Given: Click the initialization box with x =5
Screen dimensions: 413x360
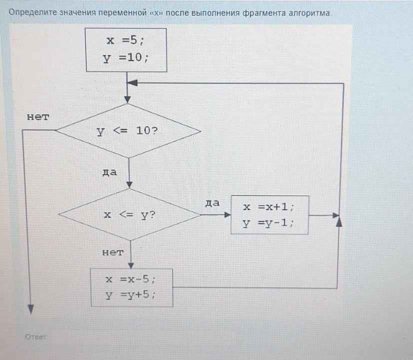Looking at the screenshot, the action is click(x=126, y=50).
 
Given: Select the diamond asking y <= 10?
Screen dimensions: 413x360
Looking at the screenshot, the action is click(x=128, y=131).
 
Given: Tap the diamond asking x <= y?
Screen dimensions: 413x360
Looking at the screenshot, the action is click(x=129, y=215).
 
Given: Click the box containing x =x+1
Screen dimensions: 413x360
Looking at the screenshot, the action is click(x=270, y=215).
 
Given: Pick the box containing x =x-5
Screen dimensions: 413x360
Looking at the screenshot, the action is click(x=132, y=288).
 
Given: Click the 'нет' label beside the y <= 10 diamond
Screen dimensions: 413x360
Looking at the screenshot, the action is click(x=38, y=117).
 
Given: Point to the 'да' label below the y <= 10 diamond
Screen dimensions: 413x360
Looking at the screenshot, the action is click(x=109, y=172).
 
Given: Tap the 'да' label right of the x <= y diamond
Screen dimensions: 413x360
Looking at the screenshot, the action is click(x=212, y=203).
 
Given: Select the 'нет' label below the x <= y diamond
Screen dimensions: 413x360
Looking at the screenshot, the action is click(x=113, y=252).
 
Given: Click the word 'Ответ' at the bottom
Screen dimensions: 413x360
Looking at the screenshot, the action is click(x=35, y=337).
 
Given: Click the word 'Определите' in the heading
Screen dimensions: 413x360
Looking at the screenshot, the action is click(x=32, y=12).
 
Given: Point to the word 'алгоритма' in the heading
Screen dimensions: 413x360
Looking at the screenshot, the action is click(x=309, y=13).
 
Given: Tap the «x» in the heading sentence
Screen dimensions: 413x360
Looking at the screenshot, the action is click(x=156, y=13).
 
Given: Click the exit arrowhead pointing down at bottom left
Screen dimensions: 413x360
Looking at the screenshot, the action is click(x=31, y=309).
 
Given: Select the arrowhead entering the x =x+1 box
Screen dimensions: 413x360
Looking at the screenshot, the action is click(x=228, y=215).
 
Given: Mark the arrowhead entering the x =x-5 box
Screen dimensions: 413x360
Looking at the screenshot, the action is click(x=131, y=265).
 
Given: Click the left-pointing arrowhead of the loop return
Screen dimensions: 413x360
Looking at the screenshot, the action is click(x=132, y=83).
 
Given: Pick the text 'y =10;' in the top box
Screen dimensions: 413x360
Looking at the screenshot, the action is click(x=126, y=58).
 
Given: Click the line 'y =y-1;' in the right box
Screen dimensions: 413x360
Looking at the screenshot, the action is click(x=268, y=223).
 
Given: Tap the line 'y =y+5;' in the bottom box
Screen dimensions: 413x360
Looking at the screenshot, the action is click(x=130, y=295).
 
